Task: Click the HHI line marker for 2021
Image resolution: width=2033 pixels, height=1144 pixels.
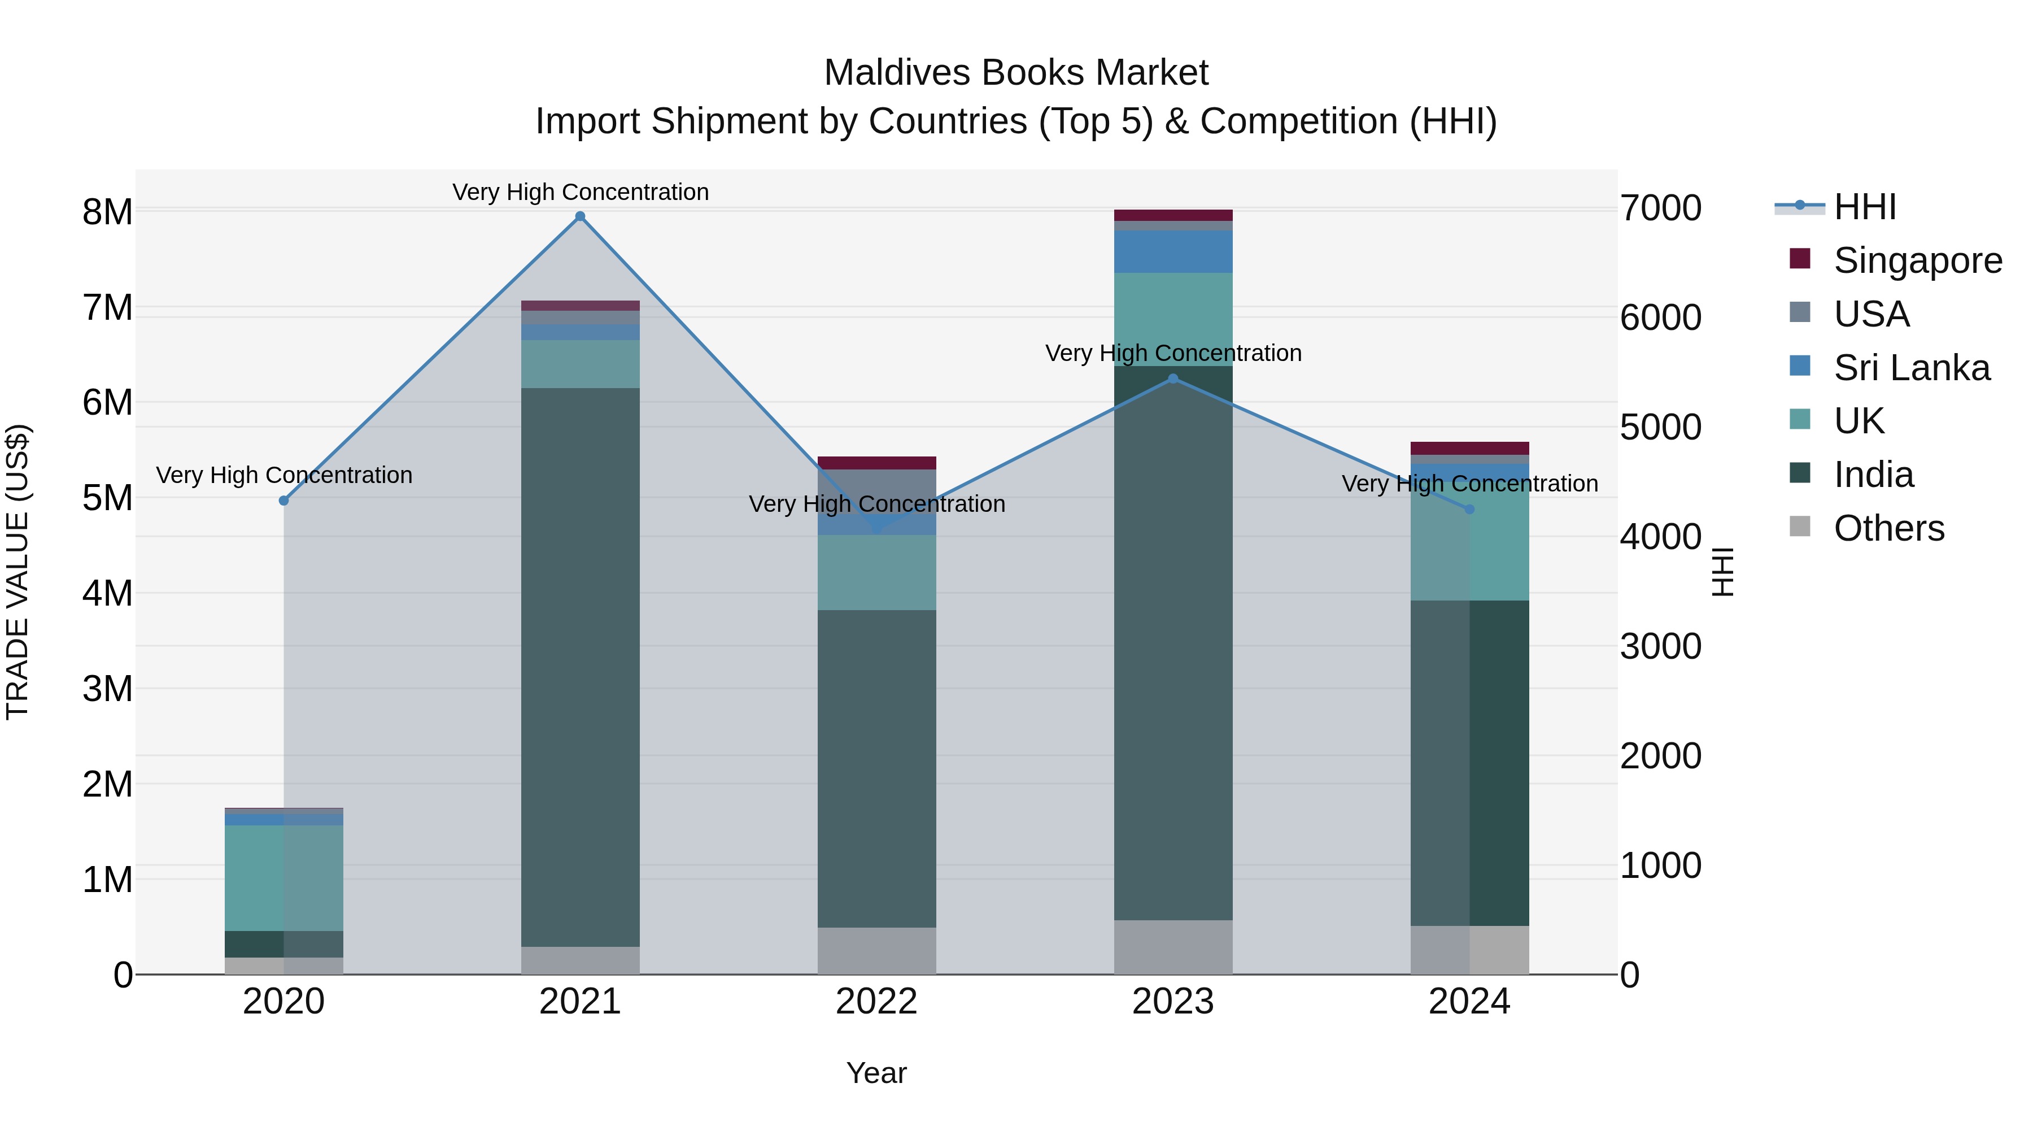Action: (580, 216)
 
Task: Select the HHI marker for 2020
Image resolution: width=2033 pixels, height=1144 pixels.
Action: (284, 501)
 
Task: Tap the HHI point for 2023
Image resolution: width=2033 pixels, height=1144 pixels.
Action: (1173, 379)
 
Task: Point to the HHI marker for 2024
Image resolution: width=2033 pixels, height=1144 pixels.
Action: (1469, 509)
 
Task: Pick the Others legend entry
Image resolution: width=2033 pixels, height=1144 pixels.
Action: (1888, 528)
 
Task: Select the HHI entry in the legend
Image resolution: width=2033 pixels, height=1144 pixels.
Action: (1864, 207)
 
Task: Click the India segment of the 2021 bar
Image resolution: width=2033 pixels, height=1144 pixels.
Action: (580, 667)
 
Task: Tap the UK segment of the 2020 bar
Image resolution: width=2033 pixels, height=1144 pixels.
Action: (284, 878)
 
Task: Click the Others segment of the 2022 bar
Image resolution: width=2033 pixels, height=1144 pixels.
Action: (877, 951)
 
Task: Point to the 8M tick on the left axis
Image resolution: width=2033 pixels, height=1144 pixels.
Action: (107, 212)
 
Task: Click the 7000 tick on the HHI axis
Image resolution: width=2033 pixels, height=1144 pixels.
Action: (1660, 208)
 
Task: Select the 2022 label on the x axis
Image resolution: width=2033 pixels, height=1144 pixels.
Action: (877, 1002)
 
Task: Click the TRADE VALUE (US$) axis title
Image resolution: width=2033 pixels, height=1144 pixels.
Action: (18, 572)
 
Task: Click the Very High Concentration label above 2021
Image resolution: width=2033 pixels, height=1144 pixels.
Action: (580, 192)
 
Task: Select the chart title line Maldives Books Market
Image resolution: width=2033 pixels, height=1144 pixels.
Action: (1016, 73)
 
